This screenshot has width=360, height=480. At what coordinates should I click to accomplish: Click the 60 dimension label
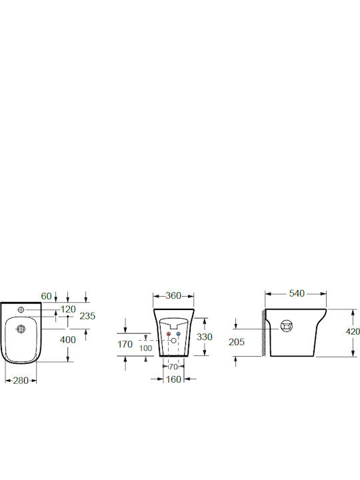click(46, 296)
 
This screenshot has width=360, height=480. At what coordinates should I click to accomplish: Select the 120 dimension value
click(68, 309)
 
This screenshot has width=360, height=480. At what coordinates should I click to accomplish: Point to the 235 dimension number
click(87, 316)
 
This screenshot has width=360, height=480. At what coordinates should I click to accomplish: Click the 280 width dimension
click(21, 381)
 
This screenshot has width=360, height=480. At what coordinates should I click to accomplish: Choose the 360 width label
click(173, 296)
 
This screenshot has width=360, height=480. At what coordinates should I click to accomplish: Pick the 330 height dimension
click(205, 337)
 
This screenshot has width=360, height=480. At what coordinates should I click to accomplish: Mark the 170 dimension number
click(125, 345)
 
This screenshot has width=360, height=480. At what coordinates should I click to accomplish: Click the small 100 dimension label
click(146, 348)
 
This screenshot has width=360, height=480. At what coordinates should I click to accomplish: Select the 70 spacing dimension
click(173, 367)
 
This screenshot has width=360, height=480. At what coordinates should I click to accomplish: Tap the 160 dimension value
click(173, 379)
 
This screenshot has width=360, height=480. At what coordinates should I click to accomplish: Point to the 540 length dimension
click(297, 293)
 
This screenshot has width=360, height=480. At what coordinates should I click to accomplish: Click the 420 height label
click(353, 331)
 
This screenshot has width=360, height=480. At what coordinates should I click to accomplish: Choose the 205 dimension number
click(237, 342)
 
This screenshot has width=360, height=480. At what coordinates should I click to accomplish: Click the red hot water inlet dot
click(168, 334)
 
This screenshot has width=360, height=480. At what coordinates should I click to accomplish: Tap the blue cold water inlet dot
click(179, 334)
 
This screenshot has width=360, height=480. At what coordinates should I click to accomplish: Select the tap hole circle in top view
click(21, 310)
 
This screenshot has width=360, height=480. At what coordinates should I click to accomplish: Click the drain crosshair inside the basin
click(21, 329)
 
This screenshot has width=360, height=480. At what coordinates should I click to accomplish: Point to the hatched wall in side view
click(263, 333)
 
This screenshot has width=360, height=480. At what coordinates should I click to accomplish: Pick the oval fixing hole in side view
click(287, 326)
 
